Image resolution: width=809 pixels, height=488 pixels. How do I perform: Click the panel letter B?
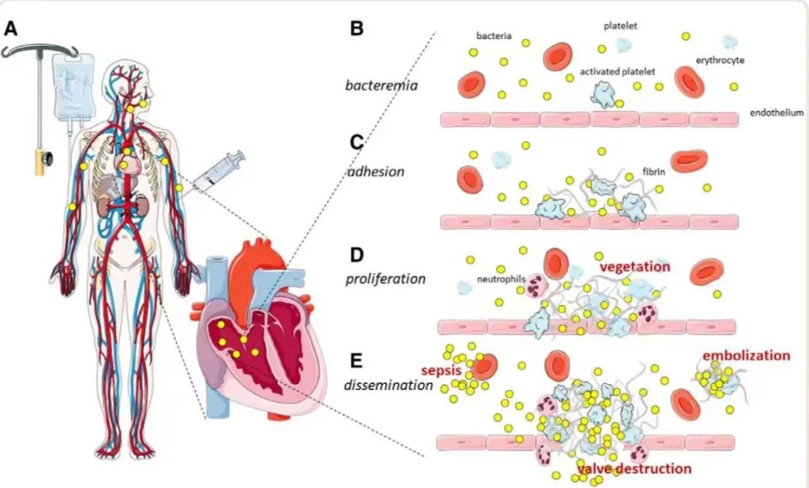coord(357,28)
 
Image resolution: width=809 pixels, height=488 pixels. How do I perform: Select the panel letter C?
coord(357,142)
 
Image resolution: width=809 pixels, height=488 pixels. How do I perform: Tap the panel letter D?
coord(357,253)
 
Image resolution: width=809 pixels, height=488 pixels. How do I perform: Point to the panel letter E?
coord(357,361)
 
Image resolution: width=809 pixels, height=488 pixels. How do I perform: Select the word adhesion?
coord(376,172)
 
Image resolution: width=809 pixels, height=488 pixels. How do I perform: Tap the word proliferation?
coord(385,279)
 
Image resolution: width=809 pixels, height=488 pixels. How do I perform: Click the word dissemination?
coord(389,385)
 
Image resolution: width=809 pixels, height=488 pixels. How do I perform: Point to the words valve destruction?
coord(634,469)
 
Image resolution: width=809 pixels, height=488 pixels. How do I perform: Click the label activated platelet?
coord(617,71)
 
